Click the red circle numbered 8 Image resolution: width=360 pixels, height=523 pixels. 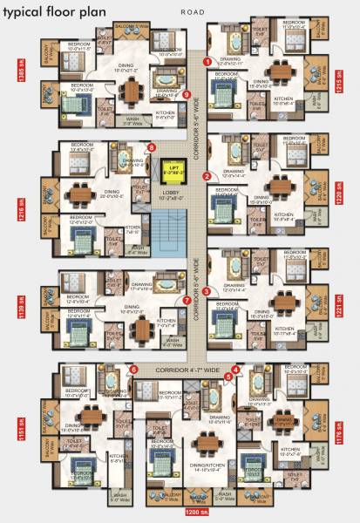tap(152, 148)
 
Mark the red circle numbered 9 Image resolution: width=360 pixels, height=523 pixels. tap(187, 94)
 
